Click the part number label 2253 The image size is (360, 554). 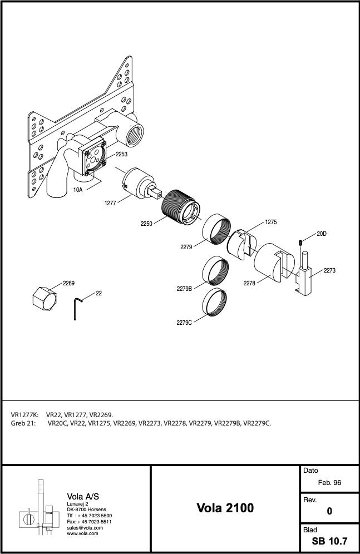121,154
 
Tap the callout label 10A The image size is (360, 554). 78,190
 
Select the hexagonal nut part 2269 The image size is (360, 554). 45,298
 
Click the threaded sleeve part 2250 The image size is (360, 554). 181,207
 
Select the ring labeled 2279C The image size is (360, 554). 215,303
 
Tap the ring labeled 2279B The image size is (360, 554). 215,271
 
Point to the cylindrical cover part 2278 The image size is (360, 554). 274,262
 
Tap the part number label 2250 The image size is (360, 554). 146,224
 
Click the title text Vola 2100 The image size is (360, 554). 225,508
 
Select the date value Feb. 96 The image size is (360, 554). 329,483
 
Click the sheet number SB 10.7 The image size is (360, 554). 329,541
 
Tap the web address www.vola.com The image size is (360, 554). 82,533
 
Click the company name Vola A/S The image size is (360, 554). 83,496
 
